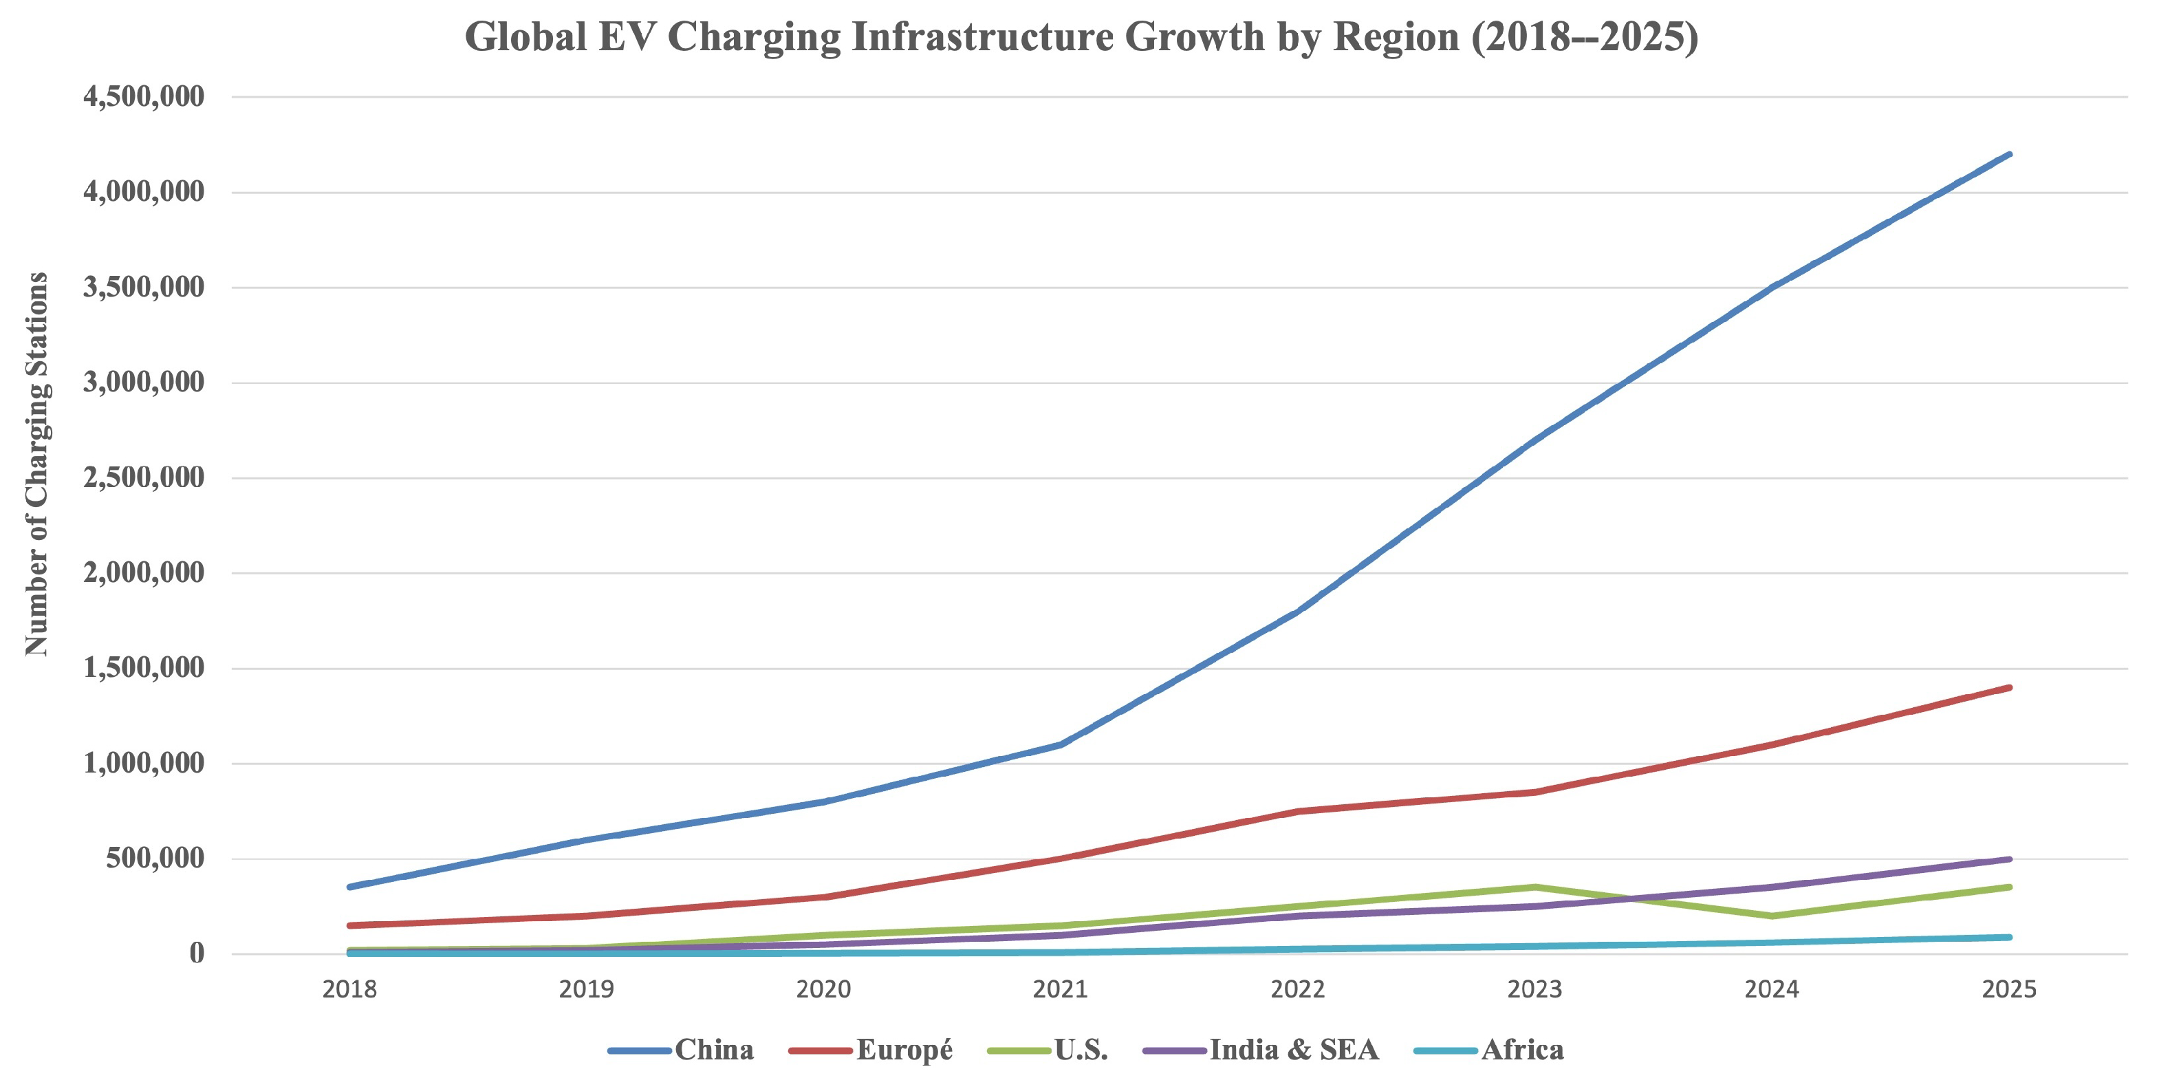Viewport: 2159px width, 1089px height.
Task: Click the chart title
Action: [x=1081, y=38]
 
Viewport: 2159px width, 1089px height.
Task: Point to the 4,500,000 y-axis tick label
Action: [x=143, y=96]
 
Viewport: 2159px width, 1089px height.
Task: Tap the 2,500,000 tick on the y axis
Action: [x=143, y=478]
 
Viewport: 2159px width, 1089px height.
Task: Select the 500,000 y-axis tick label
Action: [x=155, y=859]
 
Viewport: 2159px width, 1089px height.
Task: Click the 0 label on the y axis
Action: [x=197, y=953]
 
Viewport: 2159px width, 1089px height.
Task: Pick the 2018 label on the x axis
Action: [x=349, y=989]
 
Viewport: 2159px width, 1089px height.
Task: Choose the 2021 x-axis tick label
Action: [x=1060, y=989]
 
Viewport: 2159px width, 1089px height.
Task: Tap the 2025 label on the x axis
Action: [x=2009, y=989]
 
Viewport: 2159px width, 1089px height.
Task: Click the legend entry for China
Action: [x=682, y=1050]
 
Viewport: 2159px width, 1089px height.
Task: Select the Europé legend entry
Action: [x=871, y=1050]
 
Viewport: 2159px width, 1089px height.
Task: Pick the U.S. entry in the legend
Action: [x=1048, y=1050]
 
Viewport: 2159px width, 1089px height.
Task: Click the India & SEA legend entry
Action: [x=1261, y=1050]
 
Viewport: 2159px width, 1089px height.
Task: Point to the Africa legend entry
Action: [x=1489, y=1050]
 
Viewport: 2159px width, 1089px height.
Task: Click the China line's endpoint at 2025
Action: [x=2009, y=154]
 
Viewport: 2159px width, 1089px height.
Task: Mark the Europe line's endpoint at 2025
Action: [x=2009, y=687]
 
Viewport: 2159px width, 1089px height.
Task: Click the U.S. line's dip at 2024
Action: [x=1772, y=916]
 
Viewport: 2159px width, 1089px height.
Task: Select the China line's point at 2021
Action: [x=1060, y=744]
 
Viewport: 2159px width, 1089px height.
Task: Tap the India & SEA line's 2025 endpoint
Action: [x=2009, y=859]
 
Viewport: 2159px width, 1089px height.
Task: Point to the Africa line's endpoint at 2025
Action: [x=2009, y=937]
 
